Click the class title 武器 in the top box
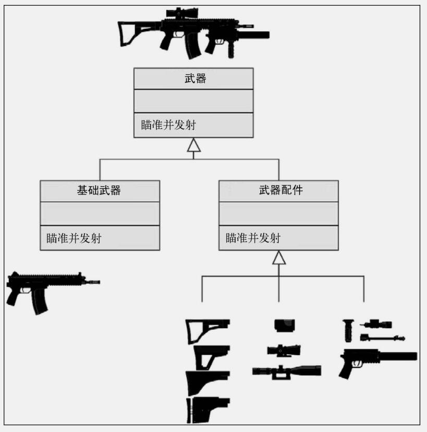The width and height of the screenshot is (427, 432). [195, 78]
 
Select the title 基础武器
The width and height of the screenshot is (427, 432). [99, 190]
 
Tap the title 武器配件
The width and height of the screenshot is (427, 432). [281, 190]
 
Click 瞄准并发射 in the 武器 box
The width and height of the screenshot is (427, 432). [168, 125]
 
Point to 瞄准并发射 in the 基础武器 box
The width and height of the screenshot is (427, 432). [74, 238]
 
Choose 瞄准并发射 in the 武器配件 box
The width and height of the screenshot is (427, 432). [253, 238]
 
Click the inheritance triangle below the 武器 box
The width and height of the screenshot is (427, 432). [194, 145]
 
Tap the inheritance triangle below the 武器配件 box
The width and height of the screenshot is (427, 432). [279, 258]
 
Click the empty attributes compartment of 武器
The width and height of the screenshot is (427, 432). [193, 101]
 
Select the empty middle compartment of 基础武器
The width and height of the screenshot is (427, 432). [100, 213]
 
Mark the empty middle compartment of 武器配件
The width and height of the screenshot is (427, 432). [278, 213]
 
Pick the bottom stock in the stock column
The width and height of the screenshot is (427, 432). [208, 410]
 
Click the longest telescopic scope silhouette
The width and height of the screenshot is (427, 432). [287, 371]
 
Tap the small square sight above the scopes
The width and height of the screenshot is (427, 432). [285, 326]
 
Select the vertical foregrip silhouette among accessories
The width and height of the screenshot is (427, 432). [348, 331]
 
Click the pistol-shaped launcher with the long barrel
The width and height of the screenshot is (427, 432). [377, 363]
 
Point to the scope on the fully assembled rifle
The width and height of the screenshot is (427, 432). [182, 13]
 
